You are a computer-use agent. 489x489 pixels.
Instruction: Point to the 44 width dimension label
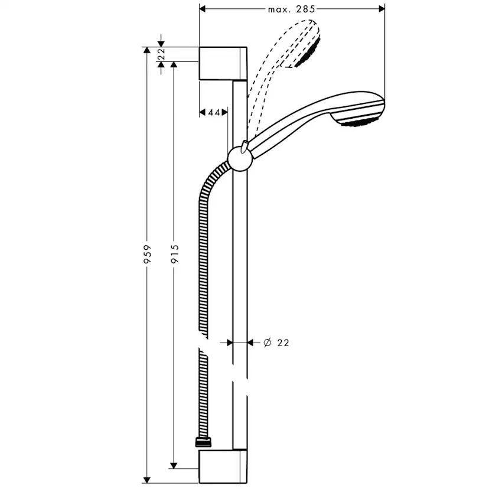coord(213,112)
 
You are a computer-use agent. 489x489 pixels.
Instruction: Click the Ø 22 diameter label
coord(276,342)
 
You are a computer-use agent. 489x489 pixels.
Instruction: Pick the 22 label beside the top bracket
coord(160,54)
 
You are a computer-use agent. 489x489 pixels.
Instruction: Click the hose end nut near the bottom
coord(204,441)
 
